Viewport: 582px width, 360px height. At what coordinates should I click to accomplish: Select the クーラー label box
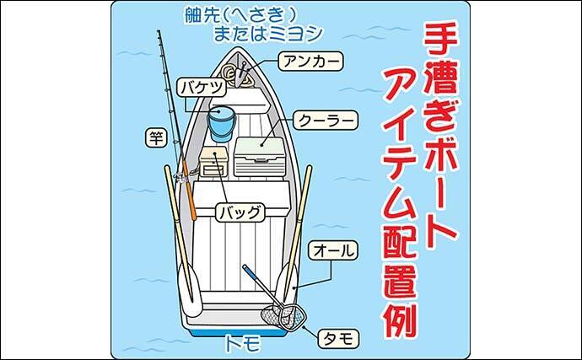(x=326, y=120)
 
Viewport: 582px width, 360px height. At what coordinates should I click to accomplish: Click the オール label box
(x=334, y=250)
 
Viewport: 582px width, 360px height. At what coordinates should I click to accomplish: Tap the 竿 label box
(x=154, y=138)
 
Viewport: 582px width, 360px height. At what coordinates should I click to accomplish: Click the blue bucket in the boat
(x=222, y=123)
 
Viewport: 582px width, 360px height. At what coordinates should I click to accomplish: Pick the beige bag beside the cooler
(x=214, y=161)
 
